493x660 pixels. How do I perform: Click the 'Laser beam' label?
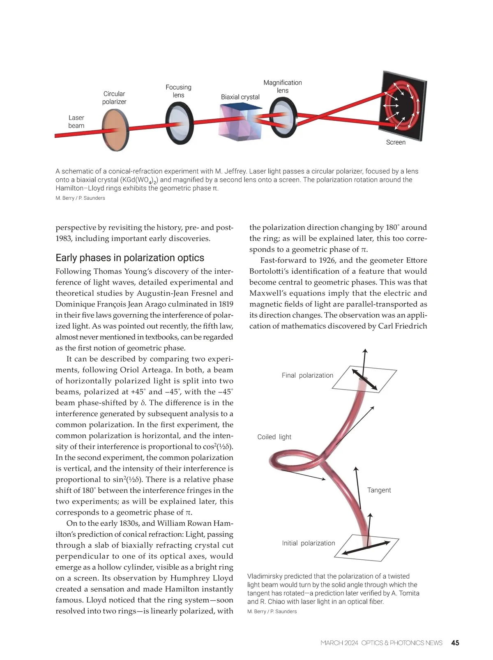76,122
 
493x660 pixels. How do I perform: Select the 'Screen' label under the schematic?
396,142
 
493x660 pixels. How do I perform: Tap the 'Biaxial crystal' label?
240,97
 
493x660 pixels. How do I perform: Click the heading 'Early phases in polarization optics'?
130,258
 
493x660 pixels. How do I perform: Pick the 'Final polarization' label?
307,375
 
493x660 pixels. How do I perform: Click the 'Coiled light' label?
274,437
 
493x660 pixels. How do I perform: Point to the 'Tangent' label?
379,490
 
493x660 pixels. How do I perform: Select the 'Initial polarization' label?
308,543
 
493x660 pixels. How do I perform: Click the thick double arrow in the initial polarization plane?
366,549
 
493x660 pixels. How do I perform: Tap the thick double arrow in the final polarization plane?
365,378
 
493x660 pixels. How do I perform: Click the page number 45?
455,643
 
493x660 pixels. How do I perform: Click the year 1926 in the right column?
327,260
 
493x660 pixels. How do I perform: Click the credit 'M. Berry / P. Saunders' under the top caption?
80,198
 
